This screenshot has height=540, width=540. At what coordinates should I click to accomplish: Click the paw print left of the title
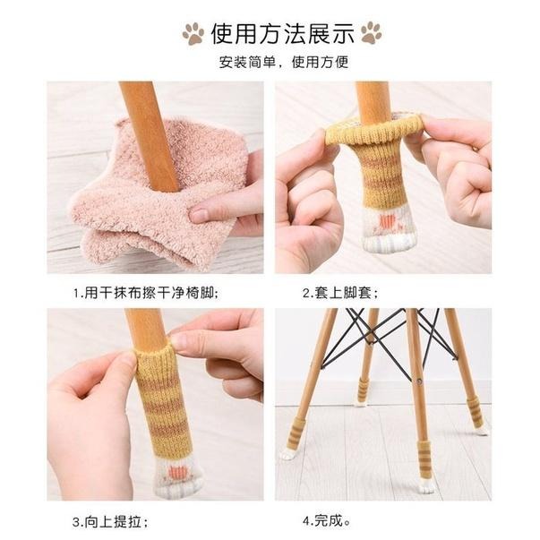tap(193, 34)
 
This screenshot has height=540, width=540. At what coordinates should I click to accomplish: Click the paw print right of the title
tap(371, 34)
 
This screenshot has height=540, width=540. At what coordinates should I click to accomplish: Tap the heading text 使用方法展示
tap(282, 34)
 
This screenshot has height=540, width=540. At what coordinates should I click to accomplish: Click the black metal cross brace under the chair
tap(386, 336)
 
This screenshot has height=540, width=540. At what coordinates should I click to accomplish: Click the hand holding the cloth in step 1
tap(228, 201)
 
